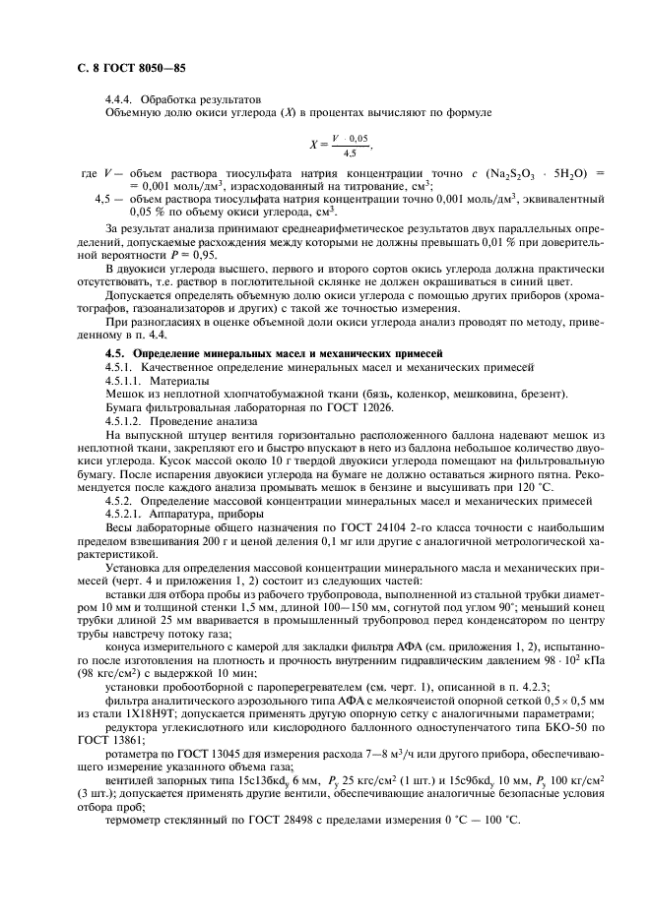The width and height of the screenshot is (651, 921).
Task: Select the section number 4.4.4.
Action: click(x=121, y=99)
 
